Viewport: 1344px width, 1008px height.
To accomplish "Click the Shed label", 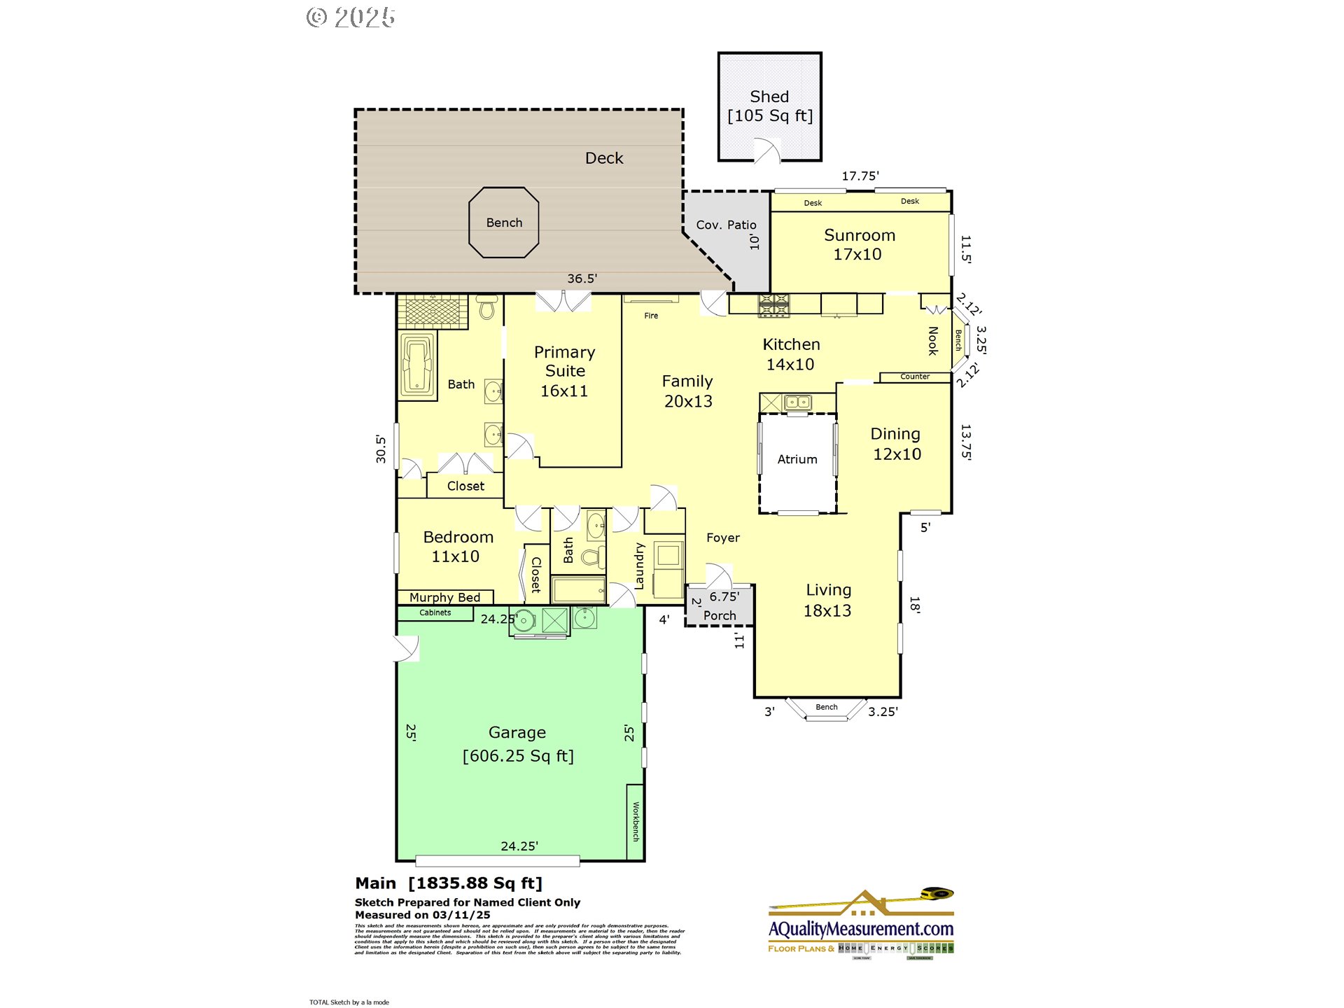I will click(769, 97).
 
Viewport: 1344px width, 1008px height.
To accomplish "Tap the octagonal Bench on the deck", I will click(504, 223).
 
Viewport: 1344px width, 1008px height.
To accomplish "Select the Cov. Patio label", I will click(726, 225).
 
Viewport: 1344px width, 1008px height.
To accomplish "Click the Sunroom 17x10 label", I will click(859, 244).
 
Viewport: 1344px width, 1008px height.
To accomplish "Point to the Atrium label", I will click(797, 459).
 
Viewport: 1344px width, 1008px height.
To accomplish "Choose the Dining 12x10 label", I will click(896, 444).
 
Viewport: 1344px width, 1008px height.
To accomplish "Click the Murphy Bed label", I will click(444, 597).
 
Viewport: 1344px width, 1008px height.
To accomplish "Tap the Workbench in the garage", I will click(636, 821).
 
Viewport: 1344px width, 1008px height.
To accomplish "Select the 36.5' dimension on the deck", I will click(582, 279).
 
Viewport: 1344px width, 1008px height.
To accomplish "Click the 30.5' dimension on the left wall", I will click(381, 449).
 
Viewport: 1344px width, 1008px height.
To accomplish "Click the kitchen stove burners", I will click(773, 304).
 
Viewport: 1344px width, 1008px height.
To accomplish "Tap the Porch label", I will click(720, 615).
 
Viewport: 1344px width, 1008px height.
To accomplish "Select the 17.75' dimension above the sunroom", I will click(860, 176).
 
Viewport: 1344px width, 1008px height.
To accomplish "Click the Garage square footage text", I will click(518, 756).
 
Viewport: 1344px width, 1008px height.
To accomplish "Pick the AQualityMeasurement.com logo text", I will click(861, 929).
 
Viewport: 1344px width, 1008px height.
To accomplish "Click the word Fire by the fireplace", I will click(651, 316).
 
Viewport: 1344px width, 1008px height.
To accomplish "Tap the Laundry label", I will click(639, 566).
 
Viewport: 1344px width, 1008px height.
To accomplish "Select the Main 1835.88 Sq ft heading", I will click(449, 883).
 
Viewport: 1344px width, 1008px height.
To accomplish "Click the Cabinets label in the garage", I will click(435, 612).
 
